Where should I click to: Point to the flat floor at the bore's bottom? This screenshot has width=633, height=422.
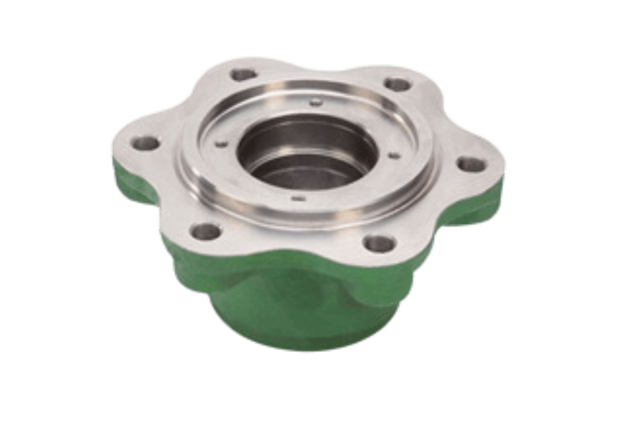click(298, 172)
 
